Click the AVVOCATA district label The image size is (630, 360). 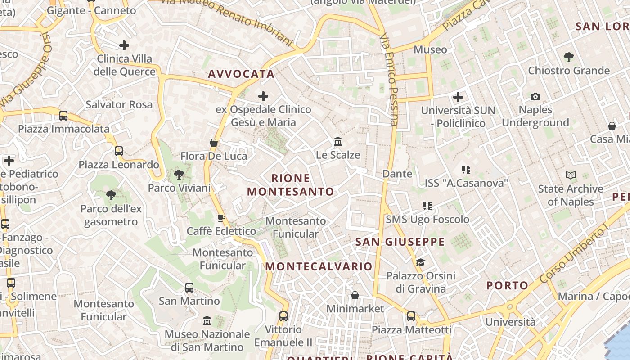(241, 74)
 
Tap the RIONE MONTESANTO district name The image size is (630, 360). (291, 185)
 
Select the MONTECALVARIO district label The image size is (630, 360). (319, 266)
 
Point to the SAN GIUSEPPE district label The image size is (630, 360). (400, 242)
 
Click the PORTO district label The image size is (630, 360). (508, 285)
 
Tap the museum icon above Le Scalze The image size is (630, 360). (338, 142)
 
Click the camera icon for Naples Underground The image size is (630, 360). (535, 96)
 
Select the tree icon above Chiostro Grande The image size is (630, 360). (568, 57)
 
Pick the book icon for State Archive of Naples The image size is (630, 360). (571, 175)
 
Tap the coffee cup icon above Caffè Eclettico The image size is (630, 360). (221, 218)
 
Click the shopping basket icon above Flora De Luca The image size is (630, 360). (214, 143)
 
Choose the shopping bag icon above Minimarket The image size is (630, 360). (355, 295)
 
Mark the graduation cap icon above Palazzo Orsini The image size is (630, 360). (420, 262)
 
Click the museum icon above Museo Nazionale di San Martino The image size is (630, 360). (207, 321)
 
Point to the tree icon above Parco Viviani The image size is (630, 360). (179, 175)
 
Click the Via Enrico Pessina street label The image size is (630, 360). (390, 79)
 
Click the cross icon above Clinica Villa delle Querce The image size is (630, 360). (124, 45)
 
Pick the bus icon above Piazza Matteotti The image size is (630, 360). (411, 316)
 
